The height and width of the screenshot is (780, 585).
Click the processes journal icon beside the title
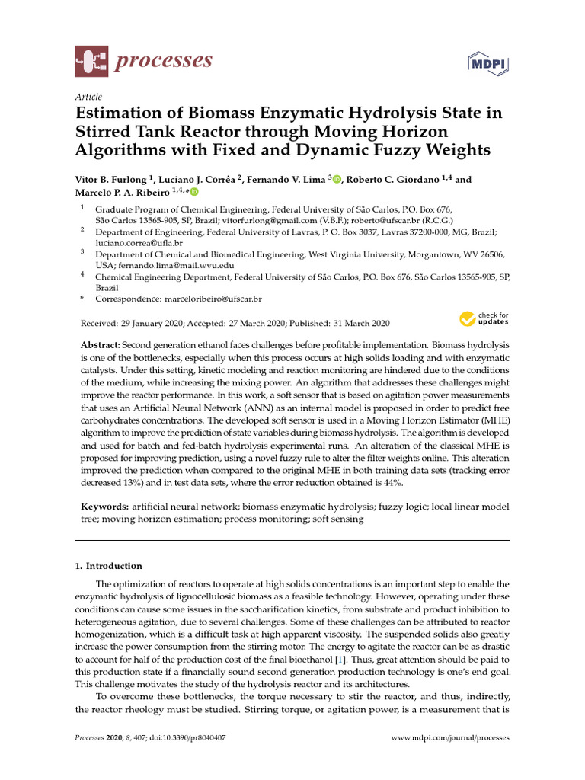point(91,62)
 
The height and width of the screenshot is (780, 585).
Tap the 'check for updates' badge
point(484,318)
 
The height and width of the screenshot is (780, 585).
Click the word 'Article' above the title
point(88,97)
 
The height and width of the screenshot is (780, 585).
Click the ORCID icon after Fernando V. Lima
point(337,180)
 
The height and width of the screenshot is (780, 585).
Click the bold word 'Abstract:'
point(101,345)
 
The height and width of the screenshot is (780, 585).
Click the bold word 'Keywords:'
point(104,507)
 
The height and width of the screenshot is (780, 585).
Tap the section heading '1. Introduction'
point(108,566)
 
